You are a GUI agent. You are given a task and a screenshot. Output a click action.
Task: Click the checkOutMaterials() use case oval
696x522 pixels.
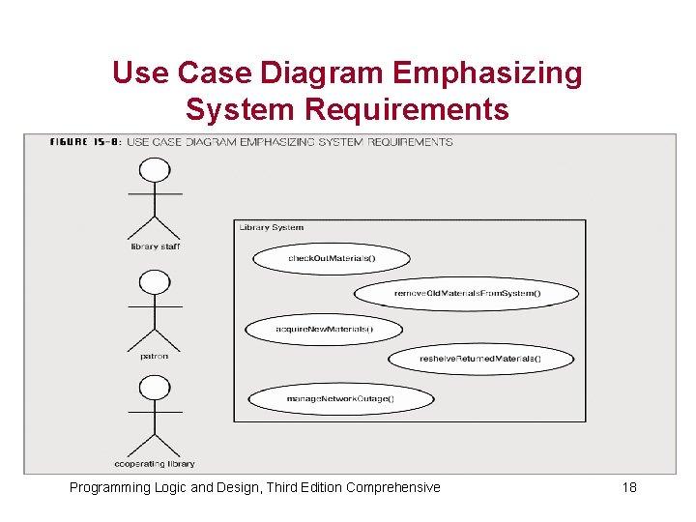(x=331, y=258)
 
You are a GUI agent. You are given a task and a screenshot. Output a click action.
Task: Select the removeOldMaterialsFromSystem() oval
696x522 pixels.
(x=466, y=293)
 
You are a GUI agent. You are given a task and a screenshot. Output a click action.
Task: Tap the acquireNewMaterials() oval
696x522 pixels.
(x=324, y=330)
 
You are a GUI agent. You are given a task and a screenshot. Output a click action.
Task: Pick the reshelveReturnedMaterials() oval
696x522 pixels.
(x=480, y=359)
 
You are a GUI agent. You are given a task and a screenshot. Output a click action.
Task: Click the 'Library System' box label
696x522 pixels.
(x=272, y=228)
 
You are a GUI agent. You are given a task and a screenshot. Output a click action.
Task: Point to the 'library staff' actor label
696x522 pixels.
(x=155, y=246)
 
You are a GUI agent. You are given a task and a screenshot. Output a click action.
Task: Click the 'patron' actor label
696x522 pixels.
(x=154, y=356)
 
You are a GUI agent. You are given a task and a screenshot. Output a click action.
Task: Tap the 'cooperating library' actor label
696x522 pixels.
(x=155, y=464)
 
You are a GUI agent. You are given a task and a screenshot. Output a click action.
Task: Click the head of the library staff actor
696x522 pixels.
(x=155, y=171)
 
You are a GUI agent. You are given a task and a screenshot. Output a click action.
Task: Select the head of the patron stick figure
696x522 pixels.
(x=155, y=282)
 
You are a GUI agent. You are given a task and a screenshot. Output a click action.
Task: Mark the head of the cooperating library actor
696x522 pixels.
(x=155, y=390)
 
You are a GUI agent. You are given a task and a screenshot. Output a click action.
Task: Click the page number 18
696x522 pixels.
(x=629, y=487)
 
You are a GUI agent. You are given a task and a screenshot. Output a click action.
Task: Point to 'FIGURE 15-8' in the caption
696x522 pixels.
(x=85, y=142)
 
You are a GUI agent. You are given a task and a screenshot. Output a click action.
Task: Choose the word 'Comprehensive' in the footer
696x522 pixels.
(x=392, y=487)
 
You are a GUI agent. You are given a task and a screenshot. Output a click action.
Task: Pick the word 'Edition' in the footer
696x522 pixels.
(x=317, y=487)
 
